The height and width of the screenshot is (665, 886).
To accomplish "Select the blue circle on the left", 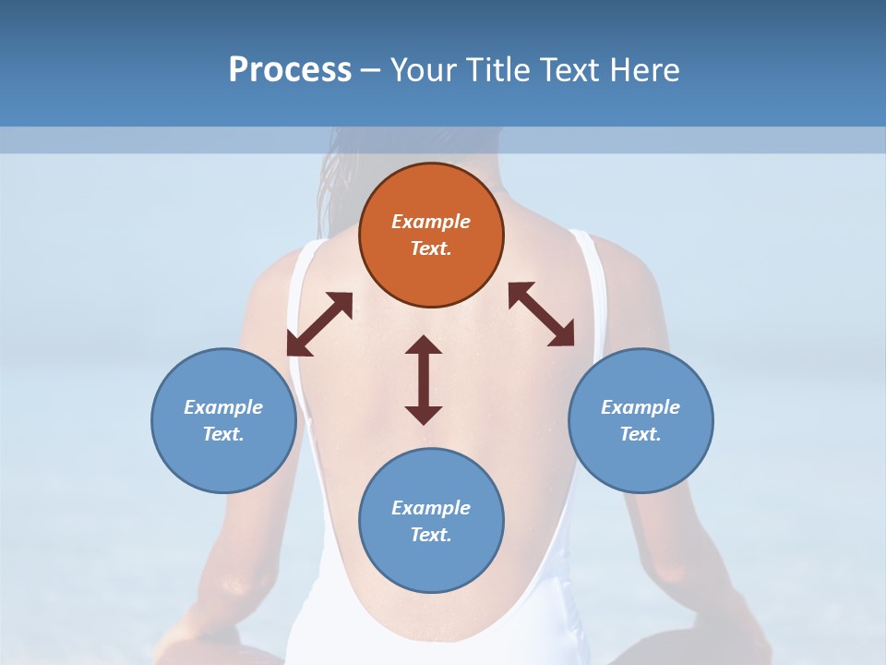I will click(223, 420).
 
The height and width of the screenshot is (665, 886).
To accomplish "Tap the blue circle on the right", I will click(641, 420).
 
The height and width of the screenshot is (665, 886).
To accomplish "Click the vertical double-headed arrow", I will click(424, 380).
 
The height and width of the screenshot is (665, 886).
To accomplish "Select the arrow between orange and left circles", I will click(319, 324).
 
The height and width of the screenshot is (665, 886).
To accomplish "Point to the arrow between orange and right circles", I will click(542, 314).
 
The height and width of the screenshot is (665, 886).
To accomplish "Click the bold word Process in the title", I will click(290, 69).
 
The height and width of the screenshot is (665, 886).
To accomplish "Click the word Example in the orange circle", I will click(431, 222).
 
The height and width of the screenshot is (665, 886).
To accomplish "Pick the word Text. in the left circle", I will click(223, 434).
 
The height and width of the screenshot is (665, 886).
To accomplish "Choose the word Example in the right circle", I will click(641, 407).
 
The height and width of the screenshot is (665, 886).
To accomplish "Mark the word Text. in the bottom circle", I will click(431, 535).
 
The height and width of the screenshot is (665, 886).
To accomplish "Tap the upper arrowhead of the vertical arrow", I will click(424, 345).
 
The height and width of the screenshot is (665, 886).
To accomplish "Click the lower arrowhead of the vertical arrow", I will click(424, 415).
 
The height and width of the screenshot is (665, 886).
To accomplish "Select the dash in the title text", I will click(370, 70).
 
